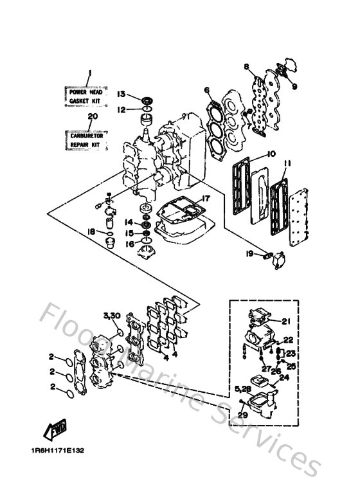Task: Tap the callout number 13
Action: tap(122, 94)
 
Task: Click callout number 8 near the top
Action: tap(246, 66)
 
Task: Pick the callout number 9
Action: tap(294, 86)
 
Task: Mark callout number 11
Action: tap(288, 165)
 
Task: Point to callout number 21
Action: tap(287, 321)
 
